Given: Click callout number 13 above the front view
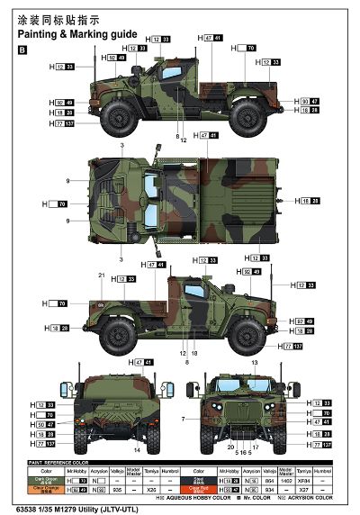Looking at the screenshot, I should [255, 362].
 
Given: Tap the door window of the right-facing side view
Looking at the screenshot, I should [193, 293].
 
